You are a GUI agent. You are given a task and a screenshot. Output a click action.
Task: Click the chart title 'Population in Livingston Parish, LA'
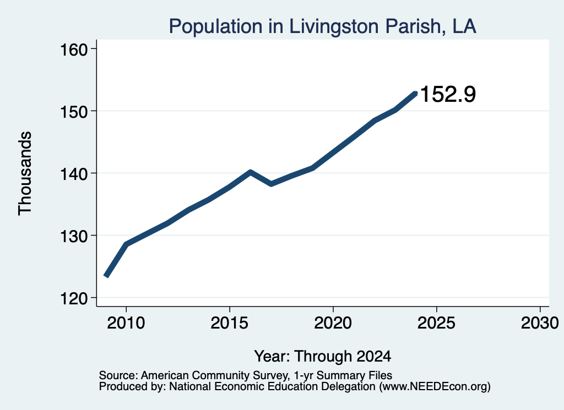pos(323,26)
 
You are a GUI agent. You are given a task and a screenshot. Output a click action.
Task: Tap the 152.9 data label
pos(448,94)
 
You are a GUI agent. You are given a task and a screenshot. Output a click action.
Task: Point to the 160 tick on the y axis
pos(74,50)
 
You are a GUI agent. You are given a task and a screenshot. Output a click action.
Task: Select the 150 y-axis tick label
pos(74,112)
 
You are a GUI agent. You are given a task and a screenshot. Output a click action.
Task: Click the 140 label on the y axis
pos(74,174)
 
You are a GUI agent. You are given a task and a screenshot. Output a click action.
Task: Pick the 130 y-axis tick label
pos(74,237)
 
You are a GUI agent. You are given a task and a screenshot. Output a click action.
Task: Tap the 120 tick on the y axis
pos(74,299)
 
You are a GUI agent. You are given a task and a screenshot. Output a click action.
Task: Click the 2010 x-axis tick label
pos(126,322)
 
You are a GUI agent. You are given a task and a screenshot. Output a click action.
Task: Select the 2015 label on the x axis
pos(230,322)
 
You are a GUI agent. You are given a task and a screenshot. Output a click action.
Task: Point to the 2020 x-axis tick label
pos(333,322)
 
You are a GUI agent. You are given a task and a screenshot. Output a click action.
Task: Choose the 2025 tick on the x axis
pos(436,322)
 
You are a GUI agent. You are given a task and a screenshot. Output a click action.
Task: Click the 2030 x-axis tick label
pos(540,322)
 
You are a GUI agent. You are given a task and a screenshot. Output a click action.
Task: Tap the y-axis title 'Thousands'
pos(25,173)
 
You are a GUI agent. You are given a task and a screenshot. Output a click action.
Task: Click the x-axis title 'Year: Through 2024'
pos(323,356)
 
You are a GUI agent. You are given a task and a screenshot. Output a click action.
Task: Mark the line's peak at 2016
pos(251,172)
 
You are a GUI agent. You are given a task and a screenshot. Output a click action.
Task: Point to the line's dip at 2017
pos(271,184)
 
